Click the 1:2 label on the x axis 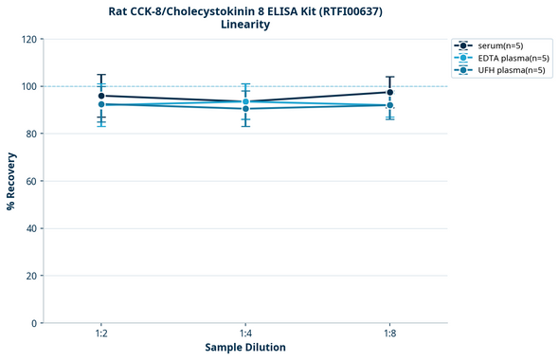[100, 334]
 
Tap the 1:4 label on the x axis [245, 334]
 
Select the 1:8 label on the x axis [389, 334]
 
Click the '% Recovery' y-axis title [11, 181]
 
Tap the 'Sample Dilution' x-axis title [245, 348]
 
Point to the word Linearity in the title [245, 25]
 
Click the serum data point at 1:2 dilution [100, 96]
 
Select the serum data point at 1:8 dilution [389, 92]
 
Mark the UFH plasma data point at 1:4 [245, 109]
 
